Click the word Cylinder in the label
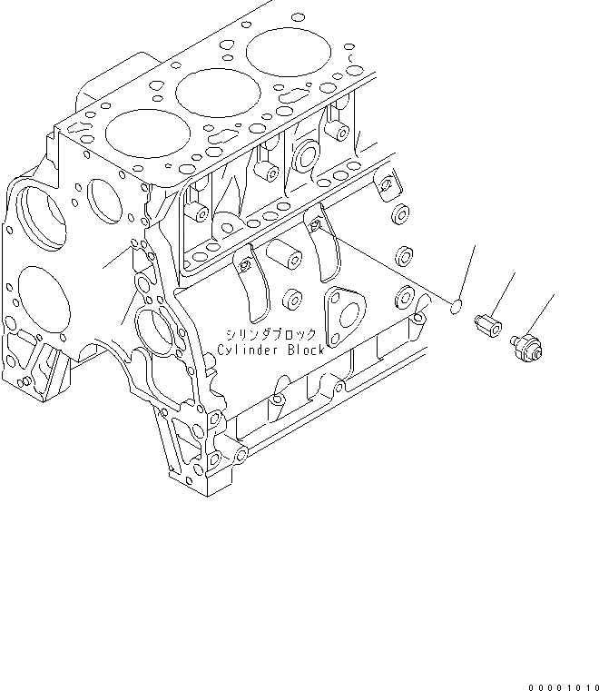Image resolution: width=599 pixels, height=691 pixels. (249, 350)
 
